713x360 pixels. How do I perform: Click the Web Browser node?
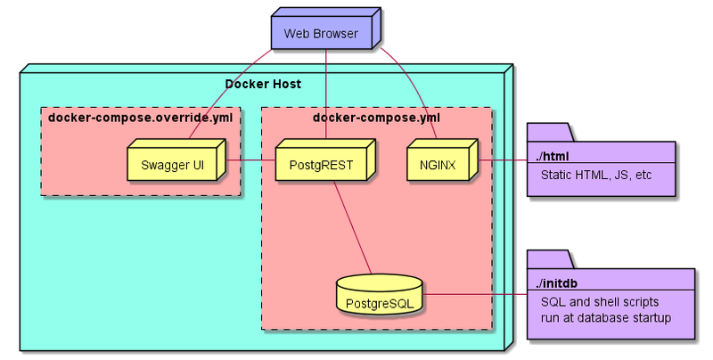tap(321, 34)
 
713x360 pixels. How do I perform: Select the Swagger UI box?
tap(172, 164)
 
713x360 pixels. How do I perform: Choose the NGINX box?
tap(438, 164)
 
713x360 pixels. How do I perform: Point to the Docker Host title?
tap(262, 85)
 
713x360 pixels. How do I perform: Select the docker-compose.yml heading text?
tap(376, 117)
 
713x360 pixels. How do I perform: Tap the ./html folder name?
tap(553, 157)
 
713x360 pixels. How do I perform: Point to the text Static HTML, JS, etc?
tap(594, 175)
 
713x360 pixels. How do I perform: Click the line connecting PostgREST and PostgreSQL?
tap(352, 227)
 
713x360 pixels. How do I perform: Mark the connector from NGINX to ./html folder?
tap(504, 160)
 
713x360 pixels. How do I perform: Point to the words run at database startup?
tap(605, 317)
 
